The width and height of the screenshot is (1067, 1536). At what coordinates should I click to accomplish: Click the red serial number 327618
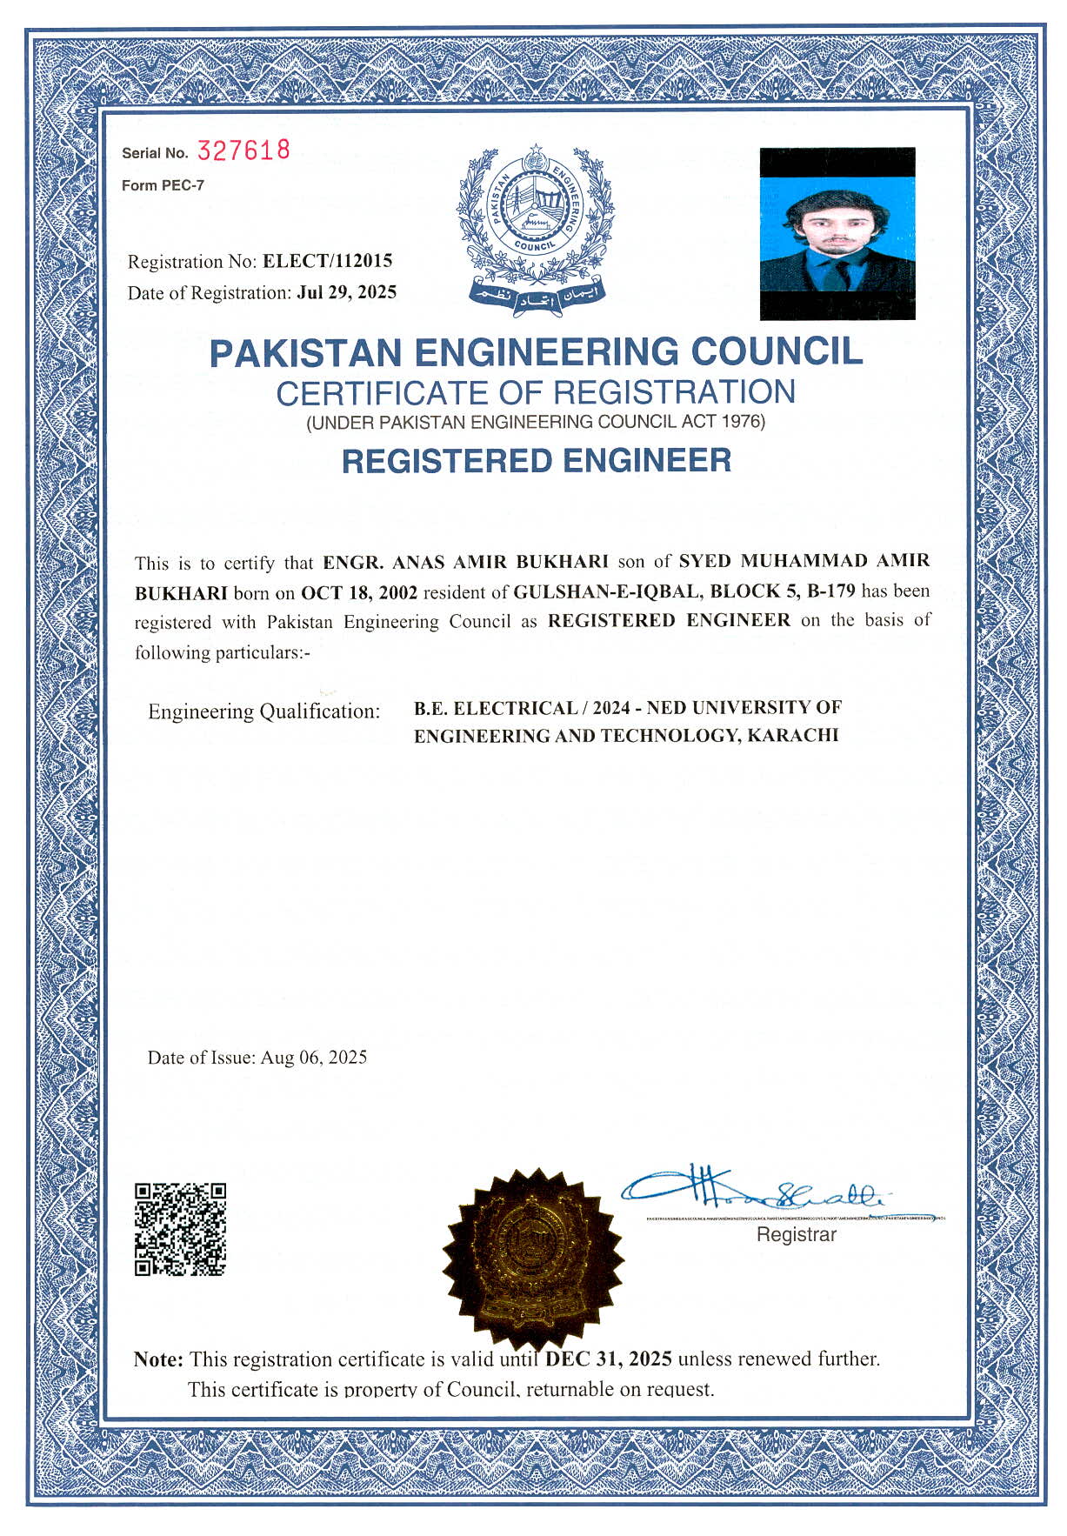(243, 150)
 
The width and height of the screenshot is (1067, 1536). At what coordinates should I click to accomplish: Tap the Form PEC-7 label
(163, 185)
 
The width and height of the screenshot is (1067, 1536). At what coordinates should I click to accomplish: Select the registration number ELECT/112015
(328, 261)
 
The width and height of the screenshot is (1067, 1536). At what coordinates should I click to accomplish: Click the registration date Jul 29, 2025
(346, 292)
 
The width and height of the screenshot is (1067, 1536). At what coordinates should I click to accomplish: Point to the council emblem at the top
(535, 226)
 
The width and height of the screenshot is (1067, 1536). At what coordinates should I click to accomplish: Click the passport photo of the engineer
(837, 233)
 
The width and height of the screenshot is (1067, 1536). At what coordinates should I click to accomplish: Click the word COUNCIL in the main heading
(777, 351)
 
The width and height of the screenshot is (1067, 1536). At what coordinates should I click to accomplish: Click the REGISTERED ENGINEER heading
(536, 460)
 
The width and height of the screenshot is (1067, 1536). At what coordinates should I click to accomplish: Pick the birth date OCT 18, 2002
(359, 593)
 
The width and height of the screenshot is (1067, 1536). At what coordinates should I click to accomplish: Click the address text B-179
(830, 591)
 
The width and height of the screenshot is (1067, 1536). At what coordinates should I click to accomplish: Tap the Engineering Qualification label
(264, 711)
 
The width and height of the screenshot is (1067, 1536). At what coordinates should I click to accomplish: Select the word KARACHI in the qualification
(793, 735)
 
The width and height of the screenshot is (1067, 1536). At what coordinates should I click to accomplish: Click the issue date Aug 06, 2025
(314, 1058)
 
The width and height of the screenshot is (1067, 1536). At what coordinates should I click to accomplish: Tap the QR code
(181, 1229)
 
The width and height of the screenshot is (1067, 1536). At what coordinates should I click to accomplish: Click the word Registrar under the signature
(796, 1235)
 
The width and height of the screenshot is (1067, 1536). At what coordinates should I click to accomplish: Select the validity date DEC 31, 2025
(609, 1359)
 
